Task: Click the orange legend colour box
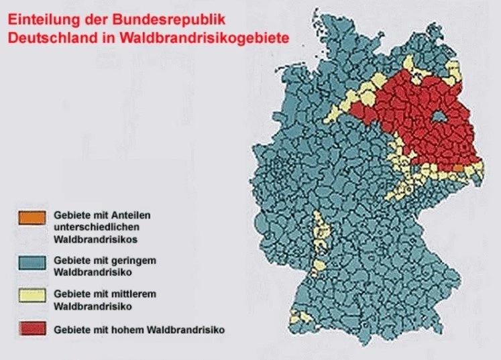click(32, 217)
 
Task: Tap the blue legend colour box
click(32, 262)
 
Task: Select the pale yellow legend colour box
click(32, 296)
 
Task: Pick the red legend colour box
click(32, 328)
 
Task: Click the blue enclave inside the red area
click(439, 118)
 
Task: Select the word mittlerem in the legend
click(135, 293)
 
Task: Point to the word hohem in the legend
click(129, 329)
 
